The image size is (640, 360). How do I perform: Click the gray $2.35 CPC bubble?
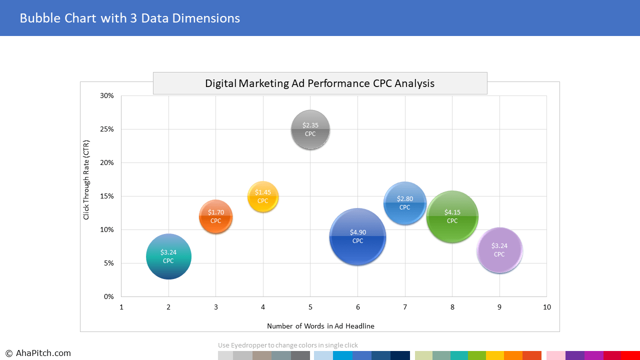pyautogui.click(x=310, y=130)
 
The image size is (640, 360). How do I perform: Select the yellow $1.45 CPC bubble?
pyautogui.click(x=263, y=196)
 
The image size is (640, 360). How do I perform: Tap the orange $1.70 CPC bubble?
pyautogui.click(x=215, y=216)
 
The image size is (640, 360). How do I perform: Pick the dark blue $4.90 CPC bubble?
pyautogui.click(x=357, y=236)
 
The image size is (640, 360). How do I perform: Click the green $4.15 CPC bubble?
pyautogui.click(x=452, y=216)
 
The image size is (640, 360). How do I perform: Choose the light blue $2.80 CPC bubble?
pyautogui.click(x=405, y=203)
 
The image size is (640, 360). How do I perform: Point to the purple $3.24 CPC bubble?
pyautogui.click(x=499, y=250)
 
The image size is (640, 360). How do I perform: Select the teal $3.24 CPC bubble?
pyautogui.click(x=168, y=256)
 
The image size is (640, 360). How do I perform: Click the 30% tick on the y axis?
pyautogui.click(x=107, y=95)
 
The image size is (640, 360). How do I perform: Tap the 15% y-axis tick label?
pyautogui.click(x=107, y=196)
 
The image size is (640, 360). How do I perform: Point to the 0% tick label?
pyautogui.click(x=109, y=296)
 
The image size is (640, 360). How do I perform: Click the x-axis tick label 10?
pyautogui.click(x=547, y=307)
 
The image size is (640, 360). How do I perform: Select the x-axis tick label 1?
pyautogui.click(x=121, y=307)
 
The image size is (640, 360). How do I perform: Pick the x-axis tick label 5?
pyautogui.click(x=310, y=307)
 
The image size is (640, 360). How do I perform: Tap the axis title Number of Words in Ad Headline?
pyautogui.click(x=320, y=326)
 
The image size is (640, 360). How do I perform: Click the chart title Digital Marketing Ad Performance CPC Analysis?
pyautogui.click(x=319, y=83)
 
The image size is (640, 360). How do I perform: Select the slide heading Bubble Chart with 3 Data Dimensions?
pyautogui.click(x=129, y=18)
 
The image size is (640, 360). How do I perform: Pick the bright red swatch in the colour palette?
pyautogui.click(x=630, y=355)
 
